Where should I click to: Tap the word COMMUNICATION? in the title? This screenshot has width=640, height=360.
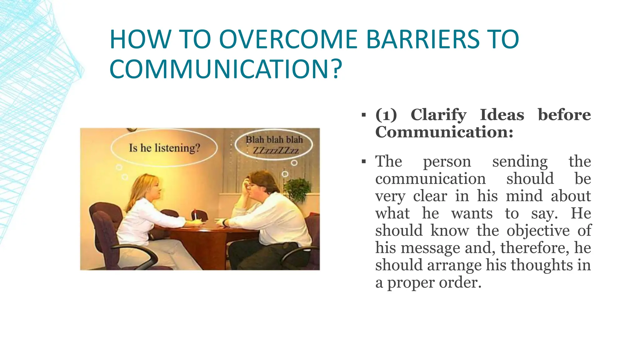(x=226, y=69)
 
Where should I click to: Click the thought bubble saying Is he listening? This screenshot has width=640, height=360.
(x=164, y=148)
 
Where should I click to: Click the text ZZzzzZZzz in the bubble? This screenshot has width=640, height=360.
(x=276, y=151)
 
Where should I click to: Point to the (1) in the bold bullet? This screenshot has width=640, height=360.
(x=386, y=115)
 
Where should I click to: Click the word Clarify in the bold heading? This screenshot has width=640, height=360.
(x=438, y=115)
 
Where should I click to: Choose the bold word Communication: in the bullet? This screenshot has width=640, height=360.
(x=444, y=132)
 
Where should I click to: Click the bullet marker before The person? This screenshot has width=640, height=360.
(x=363, y=162)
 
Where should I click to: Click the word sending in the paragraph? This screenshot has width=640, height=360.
(x=520, y=162)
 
